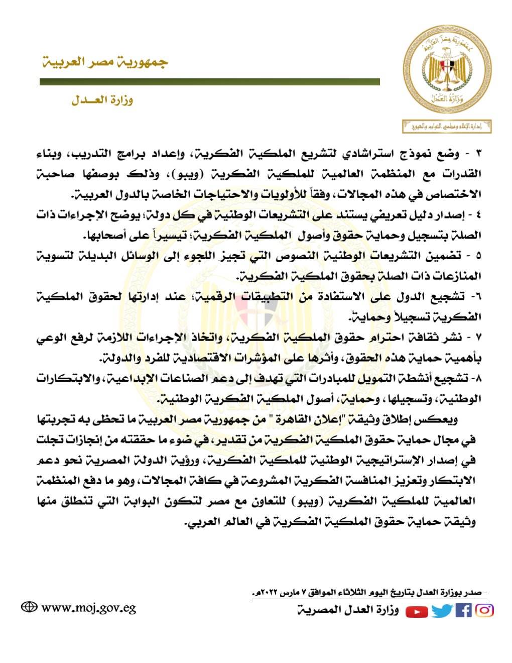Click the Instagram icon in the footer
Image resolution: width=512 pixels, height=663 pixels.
(x=484, y=610)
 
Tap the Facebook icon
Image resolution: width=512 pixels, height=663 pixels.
(x=463, y=610)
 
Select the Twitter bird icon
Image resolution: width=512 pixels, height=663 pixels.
(x=442, y=611)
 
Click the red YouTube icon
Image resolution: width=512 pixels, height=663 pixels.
(x=417, y=611)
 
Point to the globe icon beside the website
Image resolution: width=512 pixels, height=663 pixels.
(x=29, y=607)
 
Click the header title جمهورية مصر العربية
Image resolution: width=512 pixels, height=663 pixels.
(x=104, y=63)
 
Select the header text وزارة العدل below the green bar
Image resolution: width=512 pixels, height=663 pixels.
(x=102, y=100)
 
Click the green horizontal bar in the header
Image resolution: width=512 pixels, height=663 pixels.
(x=209, y=82)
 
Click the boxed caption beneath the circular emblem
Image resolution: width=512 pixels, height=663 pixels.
(x=446, y=126)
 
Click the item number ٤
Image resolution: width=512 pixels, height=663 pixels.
(x=477, y=215)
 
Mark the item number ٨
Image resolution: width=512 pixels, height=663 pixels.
(x=477, y=378)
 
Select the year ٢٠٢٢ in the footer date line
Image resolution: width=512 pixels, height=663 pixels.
(x=267, y=593)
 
